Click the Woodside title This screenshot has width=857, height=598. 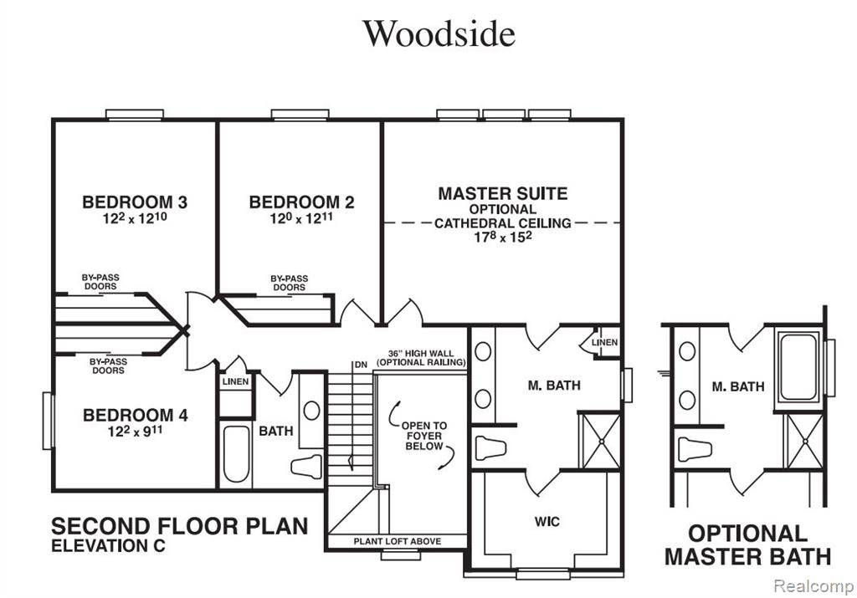(x=439, y=33)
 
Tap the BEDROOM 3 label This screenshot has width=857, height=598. (x=134, y=202)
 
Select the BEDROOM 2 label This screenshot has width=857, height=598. (x=301, y=202)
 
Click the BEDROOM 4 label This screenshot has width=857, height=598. (x=135, y=415)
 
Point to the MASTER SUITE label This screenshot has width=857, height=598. (x=502, y=193)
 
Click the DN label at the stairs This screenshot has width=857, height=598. (x=361, y=365)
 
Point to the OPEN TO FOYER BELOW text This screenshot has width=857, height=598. (x=425, y=436)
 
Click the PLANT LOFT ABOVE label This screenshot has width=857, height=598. (x=397, y=541)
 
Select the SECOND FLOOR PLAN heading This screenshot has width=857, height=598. (x=179, y=526)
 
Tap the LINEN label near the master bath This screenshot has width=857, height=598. (x=604, y=343)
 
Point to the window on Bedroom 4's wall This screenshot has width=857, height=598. (x=48, y=421)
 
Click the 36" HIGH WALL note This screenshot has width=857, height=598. (x=420, y=358)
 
